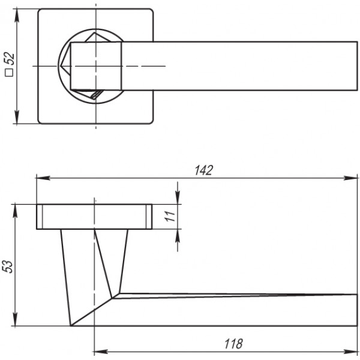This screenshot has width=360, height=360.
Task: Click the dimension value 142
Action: pyautogui.click(x=203, y=170)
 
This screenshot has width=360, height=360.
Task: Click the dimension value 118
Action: pyautogui.click(x=233, y=344)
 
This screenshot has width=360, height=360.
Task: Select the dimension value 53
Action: pyautogui.click(x=8, y=266)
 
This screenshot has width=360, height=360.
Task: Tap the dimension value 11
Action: pyautogui.click(x=170, y=216)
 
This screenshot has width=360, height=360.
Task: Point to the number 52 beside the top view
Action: pyautogui.click(x=10, y=59)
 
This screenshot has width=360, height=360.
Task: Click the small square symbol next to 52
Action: pyautogui.click(x=10, y=73)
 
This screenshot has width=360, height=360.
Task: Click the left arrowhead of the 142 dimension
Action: pyautogui.click(x=43, y=178)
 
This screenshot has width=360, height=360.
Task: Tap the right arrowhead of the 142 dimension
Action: pyautogui.click(x=350, y=178)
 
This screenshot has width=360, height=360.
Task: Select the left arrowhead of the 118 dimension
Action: pyautogui.click(x=101, y=352)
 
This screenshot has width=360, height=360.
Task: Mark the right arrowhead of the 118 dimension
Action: pyautogui.click(x=350, y=352)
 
